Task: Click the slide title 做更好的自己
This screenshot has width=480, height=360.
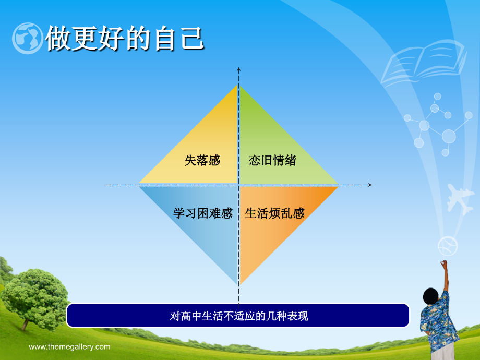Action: pyautogui.click(x=125, y=39)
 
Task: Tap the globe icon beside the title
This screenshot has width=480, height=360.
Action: pyautogui.click(x=28, y=39)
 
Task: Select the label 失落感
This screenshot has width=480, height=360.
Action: pyautogui.click(x=202, y=160)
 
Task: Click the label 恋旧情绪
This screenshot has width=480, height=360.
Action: pyautogui.click(x=272, y=160)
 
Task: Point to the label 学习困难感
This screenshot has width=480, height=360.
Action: pyautogui.click(x=203, y=213)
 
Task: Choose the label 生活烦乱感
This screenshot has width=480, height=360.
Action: pyautogui.click(x=274, y=213)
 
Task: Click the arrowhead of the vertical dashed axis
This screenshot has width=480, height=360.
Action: pyautogui.click(x=239, y=69)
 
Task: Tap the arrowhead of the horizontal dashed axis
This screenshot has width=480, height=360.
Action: pyautogui.click(x=370, y=185)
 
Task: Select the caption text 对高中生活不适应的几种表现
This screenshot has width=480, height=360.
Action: pyautogui.click(x=239, y=316)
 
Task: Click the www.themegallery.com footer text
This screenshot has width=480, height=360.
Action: pyautogui.click(x=69, y=347)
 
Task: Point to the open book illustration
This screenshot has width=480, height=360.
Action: pyautogui.click(x=424, y=62)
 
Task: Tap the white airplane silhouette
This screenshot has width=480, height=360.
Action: pyautogui.click(x=460, y=199)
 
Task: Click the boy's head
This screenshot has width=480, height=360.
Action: pyautogui.click(x=431, y=296)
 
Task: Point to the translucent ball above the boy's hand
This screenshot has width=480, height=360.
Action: pyautogui.click(x=448, y=246)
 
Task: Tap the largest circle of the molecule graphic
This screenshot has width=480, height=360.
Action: pyautogui.click(x=449, y=136)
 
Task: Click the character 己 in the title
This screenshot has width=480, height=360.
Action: pyautogui.click(x=192, y=39)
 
